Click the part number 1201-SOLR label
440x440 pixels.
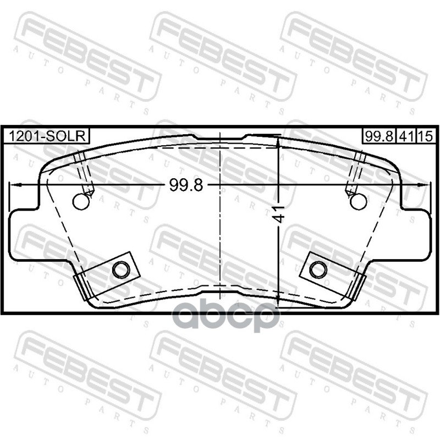click(46, 136)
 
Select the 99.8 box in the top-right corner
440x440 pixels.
click(378, 136)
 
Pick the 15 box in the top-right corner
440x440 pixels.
click(426, 136)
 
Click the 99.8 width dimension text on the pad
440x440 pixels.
click(186, 185)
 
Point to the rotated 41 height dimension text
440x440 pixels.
click(280, 214)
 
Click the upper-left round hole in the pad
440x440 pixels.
click(81, 201)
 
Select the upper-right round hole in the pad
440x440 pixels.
click(359, 201)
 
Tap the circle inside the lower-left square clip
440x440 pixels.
click(121, 269)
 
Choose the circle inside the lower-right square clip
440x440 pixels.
click(318, 269)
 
